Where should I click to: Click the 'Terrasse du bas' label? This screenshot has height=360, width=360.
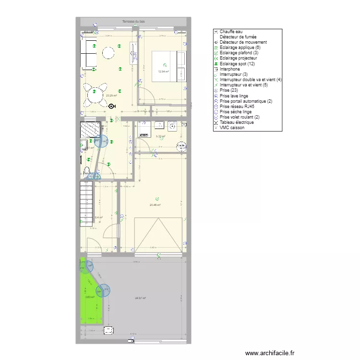(x=133, y=22)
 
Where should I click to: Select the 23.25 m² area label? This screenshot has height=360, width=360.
(x=111, y=95)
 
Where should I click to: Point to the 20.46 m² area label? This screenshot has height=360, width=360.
(x=155, y=205)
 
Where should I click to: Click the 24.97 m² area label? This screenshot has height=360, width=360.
(x=140, y=298)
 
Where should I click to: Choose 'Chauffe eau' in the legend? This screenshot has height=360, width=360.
(x=231, y=32)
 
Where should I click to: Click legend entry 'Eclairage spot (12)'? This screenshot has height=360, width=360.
(x=237, y=64)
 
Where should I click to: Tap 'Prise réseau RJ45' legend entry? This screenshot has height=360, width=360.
(x=237, y=106)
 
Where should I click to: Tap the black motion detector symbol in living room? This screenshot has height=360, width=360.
(x=112, y=107)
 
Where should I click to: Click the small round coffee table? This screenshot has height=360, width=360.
(x=109, y=52)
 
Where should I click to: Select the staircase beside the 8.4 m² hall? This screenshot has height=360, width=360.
(x=86, y=202)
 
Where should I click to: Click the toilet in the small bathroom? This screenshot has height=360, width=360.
(x=87, y=170)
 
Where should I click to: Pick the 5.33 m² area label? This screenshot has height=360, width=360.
(x=160, y=136)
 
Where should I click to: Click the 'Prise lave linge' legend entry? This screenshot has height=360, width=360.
(x=234, y=96)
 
